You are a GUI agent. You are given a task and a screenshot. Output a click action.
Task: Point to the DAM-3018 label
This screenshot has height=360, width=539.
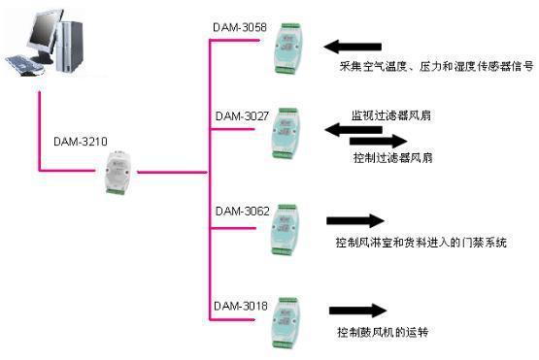click(241, 307)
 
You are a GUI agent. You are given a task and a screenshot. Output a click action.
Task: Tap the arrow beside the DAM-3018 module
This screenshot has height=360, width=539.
click(354, 311)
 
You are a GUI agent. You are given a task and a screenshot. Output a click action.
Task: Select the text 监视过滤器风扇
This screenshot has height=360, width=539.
click(387, 115)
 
